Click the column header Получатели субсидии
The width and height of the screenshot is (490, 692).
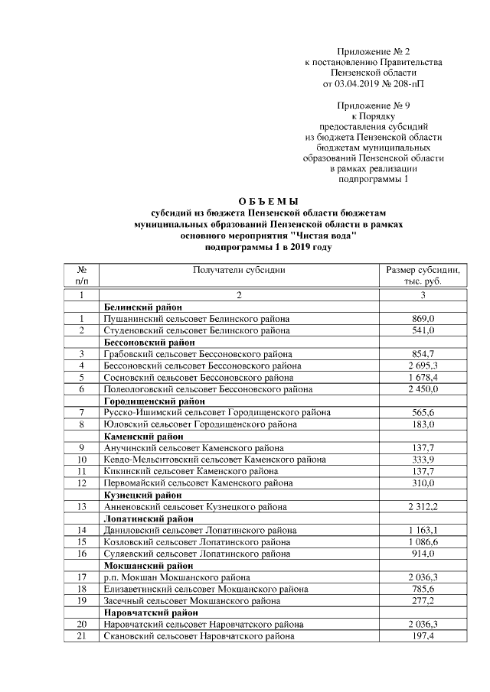coord(239,270)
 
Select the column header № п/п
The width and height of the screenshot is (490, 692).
coord(81,275)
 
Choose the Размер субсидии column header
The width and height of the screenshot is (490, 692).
coord(423,275)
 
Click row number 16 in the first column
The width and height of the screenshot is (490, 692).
coord(80,554)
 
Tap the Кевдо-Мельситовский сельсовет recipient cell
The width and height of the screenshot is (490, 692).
coord(214,460)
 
